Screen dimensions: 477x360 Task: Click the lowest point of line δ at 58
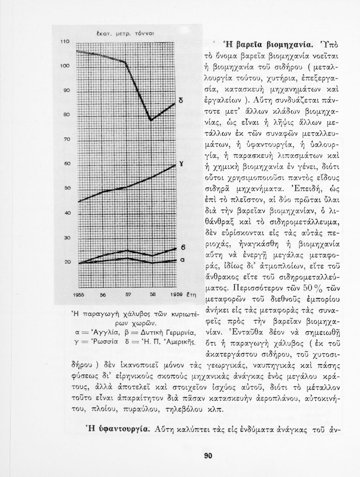(152, 120)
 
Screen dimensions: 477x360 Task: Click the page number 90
(208, 456)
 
